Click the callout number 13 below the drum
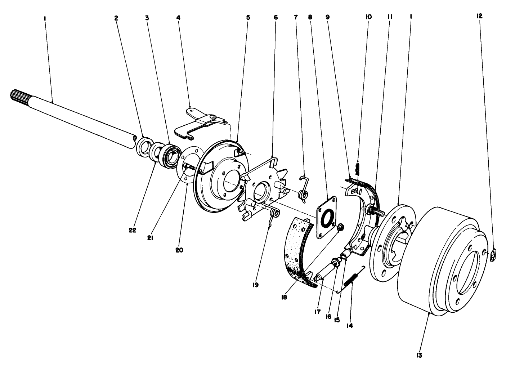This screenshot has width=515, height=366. (418, 355)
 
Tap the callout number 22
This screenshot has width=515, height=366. (132, 231)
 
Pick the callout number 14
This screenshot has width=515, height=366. (349, 325)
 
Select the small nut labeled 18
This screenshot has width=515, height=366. (340, 227)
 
